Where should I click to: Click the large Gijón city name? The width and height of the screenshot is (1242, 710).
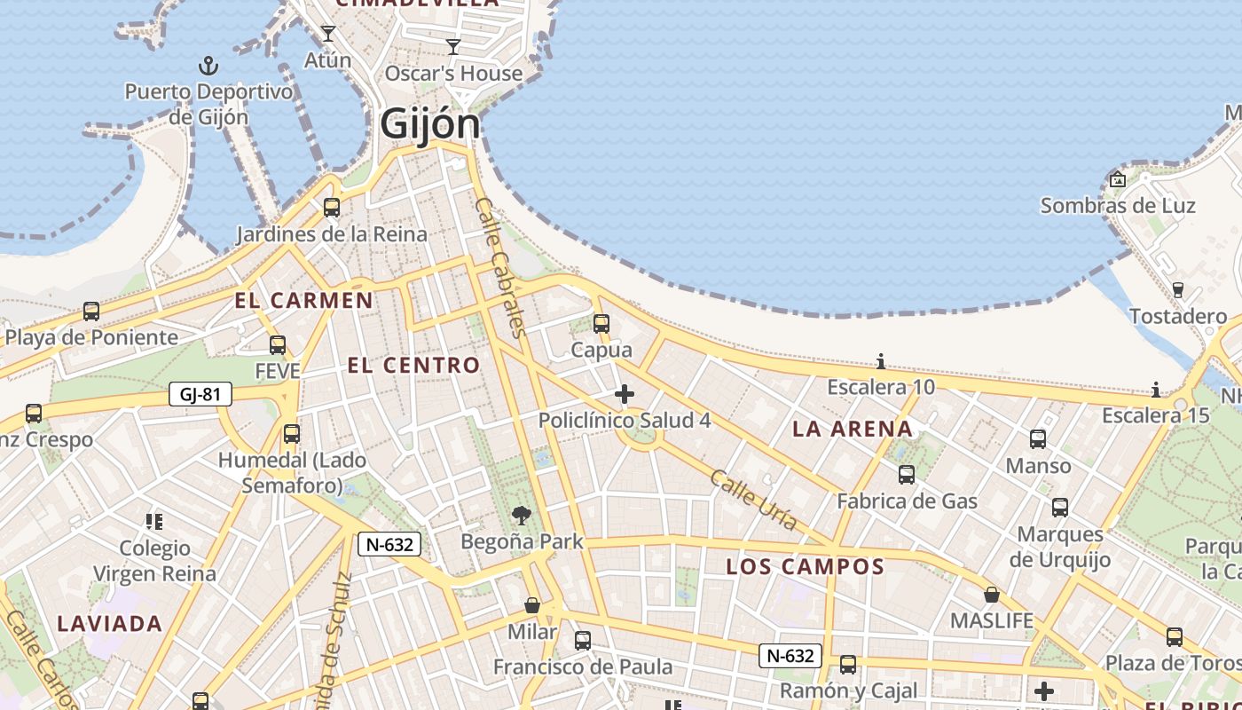point(430,123)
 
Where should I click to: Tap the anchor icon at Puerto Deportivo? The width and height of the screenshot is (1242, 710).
point(208,66)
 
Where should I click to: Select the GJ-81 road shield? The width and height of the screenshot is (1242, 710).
point(200,394)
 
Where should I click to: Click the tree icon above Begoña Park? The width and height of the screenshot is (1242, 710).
point(522,515)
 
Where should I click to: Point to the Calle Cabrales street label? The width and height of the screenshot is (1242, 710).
point(502,267)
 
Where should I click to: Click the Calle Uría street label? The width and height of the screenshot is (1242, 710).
point(753,500)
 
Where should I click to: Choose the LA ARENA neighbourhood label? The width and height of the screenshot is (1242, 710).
point(852,430)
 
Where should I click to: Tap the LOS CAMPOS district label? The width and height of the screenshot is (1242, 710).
point(806,566)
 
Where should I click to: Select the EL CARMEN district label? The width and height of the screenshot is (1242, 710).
point(304,300)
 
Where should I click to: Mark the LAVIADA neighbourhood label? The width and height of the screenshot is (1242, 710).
point(110,624)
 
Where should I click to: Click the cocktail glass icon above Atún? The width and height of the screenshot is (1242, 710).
point(328,34)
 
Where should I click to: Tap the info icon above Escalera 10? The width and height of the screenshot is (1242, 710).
point(881,361)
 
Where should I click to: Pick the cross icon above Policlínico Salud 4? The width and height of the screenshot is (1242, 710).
point(625,394)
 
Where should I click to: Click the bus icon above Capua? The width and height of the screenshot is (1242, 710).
point(601,324)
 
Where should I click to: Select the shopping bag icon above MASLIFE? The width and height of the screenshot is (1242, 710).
point(992,594)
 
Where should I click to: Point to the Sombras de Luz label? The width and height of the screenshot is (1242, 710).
point(1118,206)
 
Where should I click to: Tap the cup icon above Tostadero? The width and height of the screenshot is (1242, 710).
point(1178,289)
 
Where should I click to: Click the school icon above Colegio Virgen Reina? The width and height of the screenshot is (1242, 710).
point(154,521)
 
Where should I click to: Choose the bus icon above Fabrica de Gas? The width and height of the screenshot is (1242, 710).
point(907,475)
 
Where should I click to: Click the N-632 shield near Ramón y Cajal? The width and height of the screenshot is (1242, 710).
point(790,656)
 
